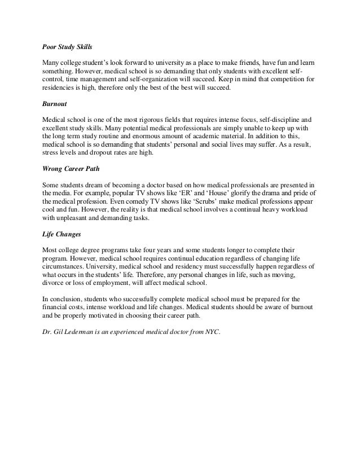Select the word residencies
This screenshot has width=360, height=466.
60,89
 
